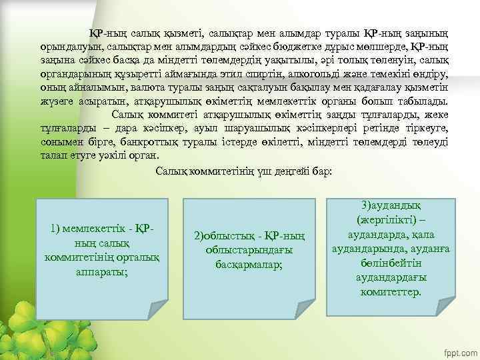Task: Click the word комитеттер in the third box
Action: point(390,292)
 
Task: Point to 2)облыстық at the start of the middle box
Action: point(221,236)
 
